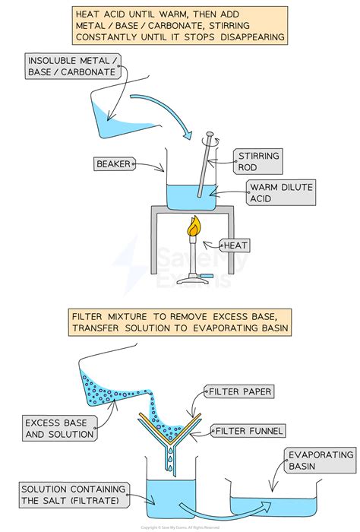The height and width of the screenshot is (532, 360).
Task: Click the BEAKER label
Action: pyautogui.click(x=114, y=163)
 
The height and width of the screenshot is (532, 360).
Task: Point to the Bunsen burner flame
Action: pyautogui.click(x=194, y=226)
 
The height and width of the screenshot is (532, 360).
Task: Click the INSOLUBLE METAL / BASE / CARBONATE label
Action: pyautogui.click(x=72, y=67)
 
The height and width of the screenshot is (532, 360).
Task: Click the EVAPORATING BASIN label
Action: pyautogui.click(x=320, y=461)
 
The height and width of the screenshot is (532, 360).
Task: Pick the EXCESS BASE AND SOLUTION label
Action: pyautogui.click(x=59, y=429)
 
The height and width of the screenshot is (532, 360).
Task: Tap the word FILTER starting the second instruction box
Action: pyautogui.click(x=90, y=315)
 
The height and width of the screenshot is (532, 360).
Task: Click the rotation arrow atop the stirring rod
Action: pyautogui.click(x=209, y=138)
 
